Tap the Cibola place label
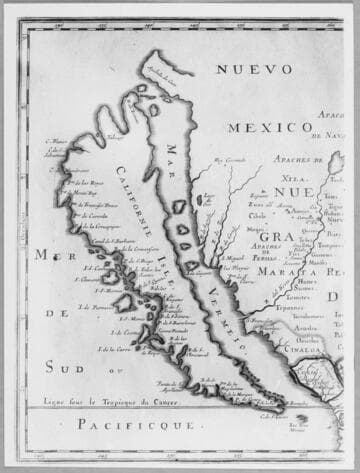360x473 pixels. (x=257, y=214)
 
